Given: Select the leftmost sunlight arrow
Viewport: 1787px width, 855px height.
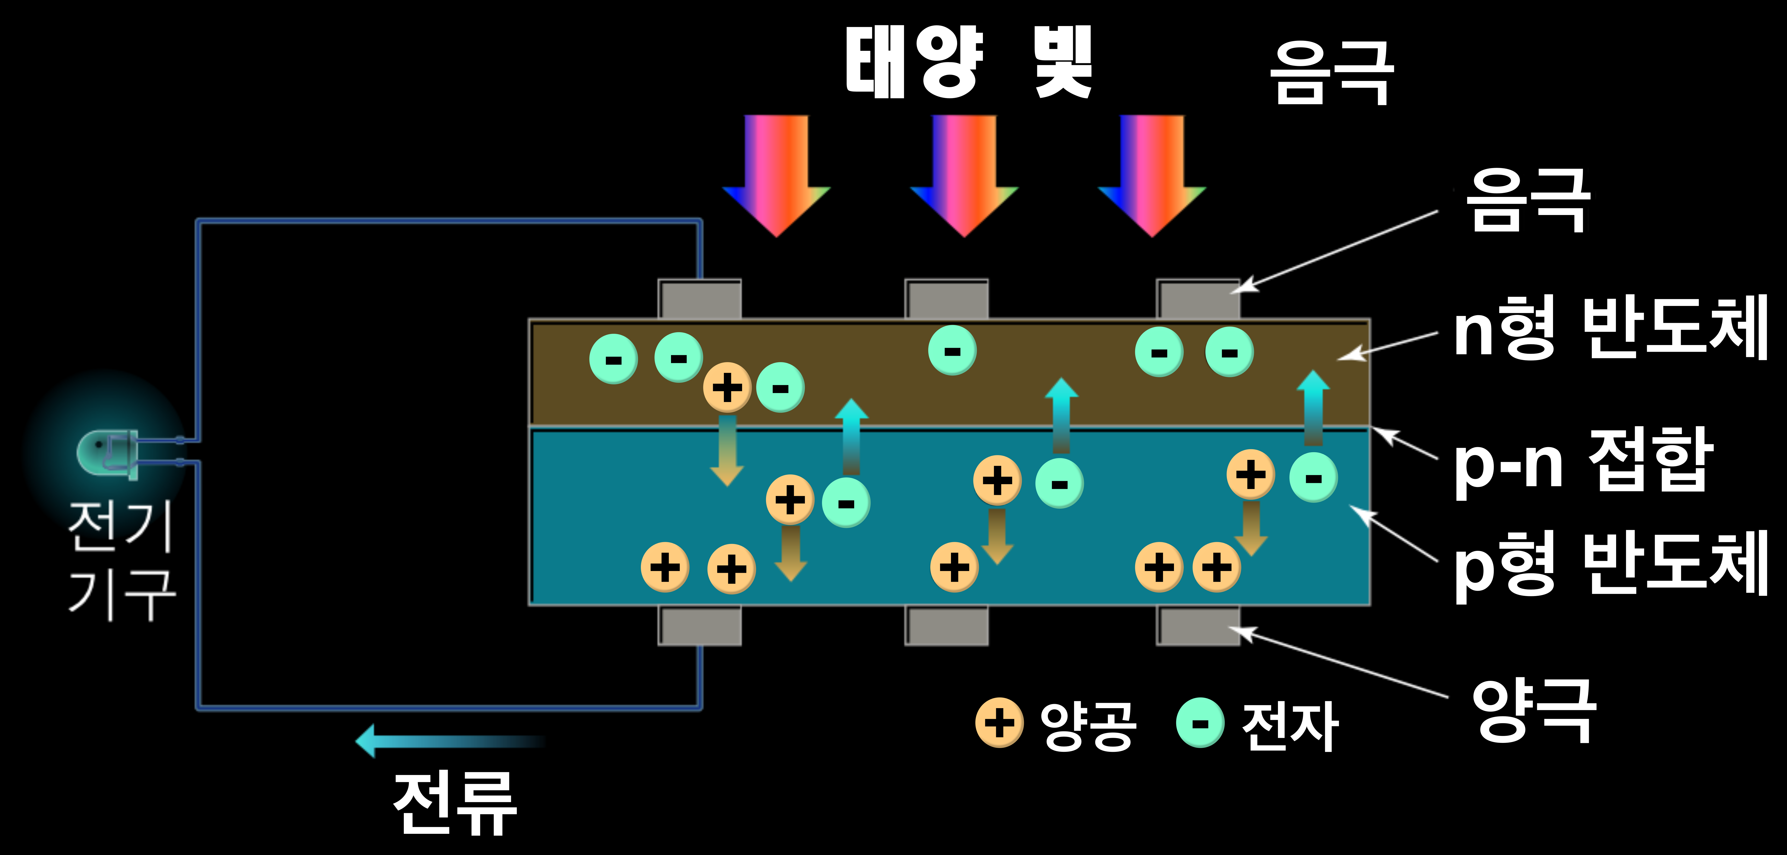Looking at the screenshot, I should click(776, 173).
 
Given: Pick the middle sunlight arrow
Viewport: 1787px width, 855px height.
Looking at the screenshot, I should click(964, 173).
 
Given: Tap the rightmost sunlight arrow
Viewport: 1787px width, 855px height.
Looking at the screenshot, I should click(1152, 173).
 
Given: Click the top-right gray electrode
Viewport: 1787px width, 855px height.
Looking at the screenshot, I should click(1198, 300).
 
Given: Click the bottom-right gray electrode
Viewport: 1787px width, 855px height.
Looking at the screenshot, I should click(1198, 625).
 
